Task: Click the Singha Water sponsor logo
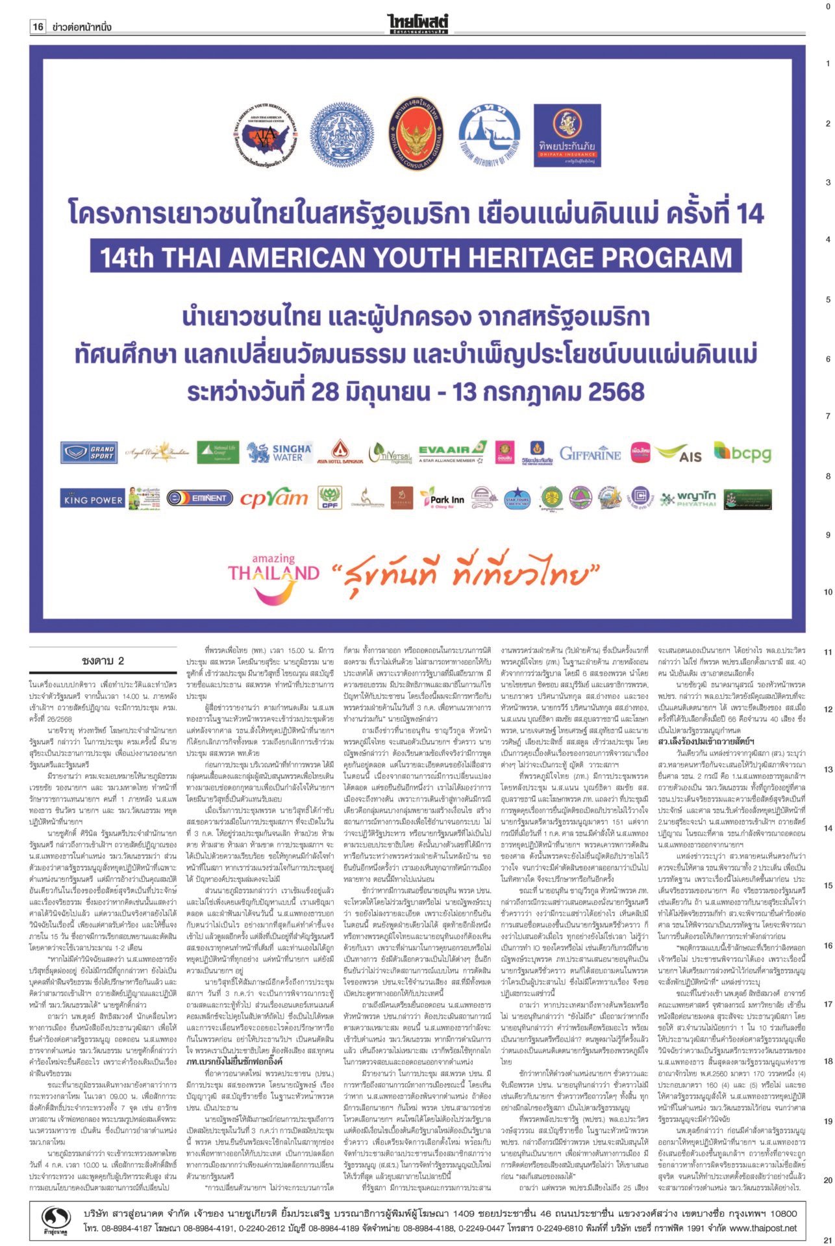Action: (280, 452)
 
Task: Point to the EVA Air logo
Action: (453, 452)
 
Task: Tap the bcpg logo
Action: (742, 452)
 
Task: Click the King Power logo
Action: (93, 500)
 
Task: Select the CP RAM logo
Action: (273, 498)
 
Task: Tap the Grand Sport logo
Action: (88, 452)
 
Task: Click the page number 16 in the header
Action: (38, 27)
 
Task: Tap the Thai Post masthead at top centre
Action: (417, 24)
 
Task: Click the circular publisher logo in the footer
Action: (56, 1200)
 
